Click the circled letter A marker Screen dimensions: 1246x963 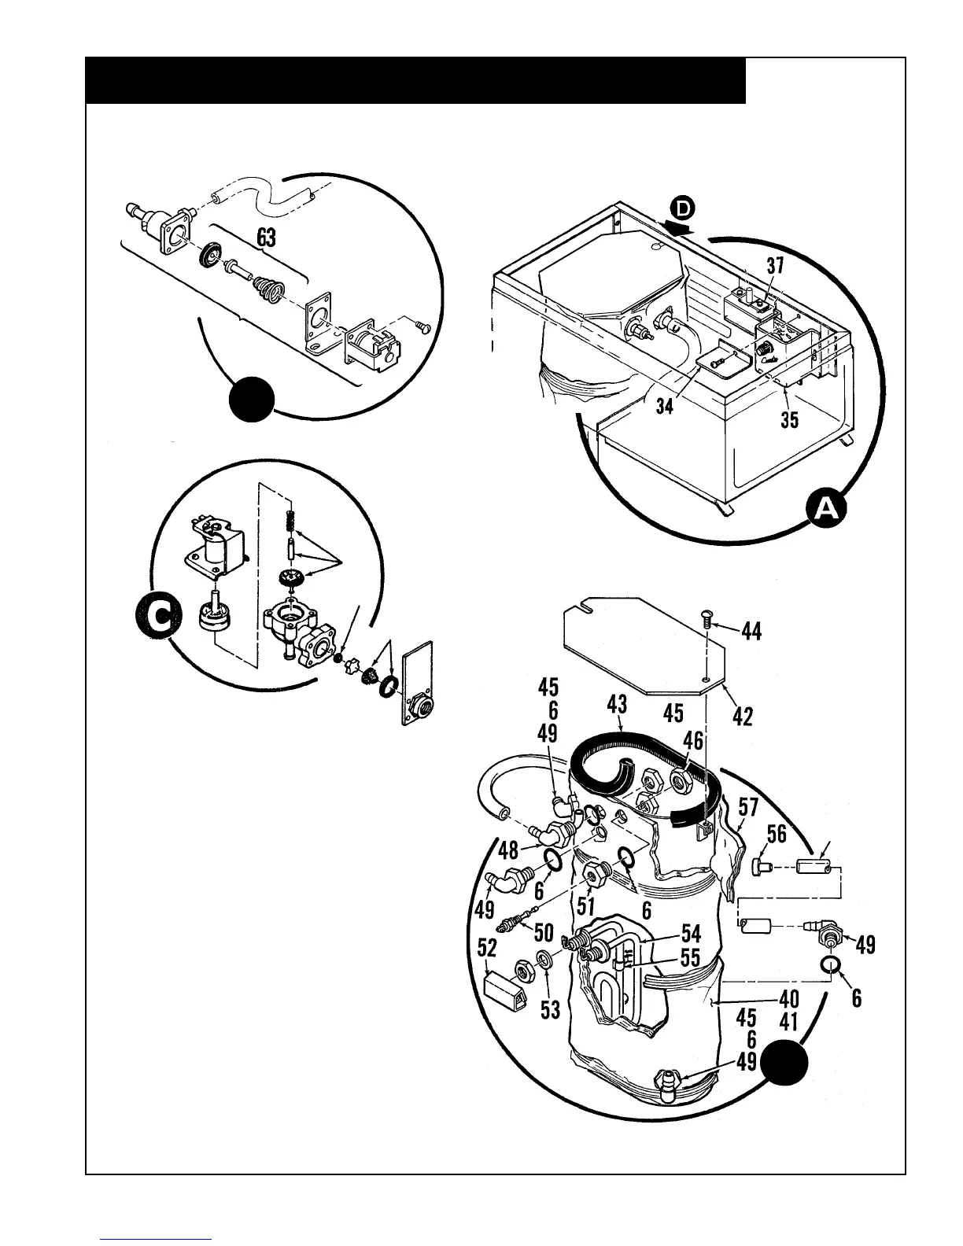(825, 510)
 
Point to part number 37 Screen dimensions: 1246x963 (776, 266)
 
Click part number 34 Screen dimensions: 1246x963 (665, 408)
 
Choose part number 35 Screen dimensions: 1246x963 (789, 419)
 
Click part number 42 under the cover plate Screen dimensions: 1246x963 (743, 716)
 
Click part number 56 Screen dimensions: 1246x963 (777, 834)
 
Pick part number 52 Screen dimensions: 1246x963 (487, 949)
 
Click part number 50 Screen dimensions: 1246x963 (544, 933)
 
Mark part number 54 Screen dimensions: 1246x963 (691, 933)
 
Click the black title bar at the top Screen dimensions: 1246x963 (415, 80)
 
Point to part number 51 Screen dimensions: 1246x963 (585, 905)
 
